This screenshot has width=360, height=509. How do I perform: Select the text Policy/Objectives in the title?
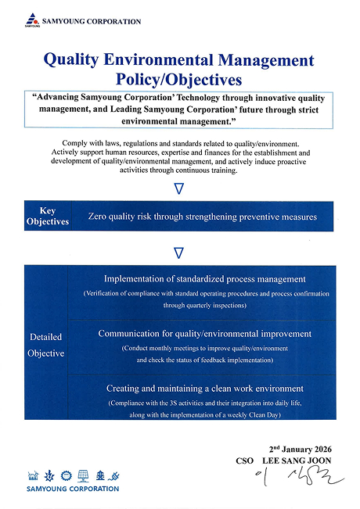179,79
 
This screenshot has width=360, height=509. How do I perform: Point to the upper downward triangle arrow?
179,188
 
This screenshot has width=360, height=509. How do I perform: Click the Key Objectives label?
48,217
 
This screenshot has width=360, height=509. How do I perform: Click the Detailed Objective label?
45,345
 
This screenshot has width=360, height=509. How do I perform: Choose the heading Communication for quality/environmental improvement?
204,334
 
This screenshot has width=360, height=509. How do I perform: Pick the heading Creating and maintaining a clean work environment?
204,389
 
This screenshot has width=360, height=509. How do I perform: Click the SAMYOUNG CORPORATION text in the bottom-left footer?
73,489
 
